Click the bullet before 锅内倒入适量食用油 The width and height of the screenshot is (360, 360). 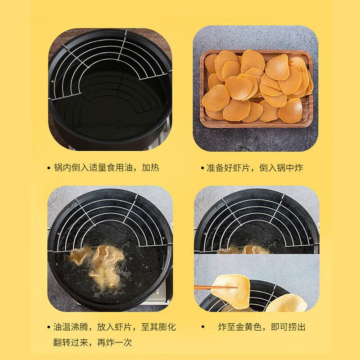coord(49,168)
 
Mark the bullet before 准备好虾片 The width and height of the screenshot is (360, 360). coord(202,168)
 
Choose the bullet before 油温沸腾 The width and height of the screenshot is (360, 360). coord(49,327)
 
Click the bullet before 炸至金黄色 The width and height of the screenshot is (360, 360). coord(203,327)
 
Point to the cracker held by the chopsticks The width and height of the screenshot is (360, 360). coord(232,288)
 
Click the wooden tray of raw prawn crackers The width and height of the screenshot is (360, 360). coord(257,88)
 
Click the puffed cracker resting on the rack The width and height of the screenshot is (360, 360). coord(286,303)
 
